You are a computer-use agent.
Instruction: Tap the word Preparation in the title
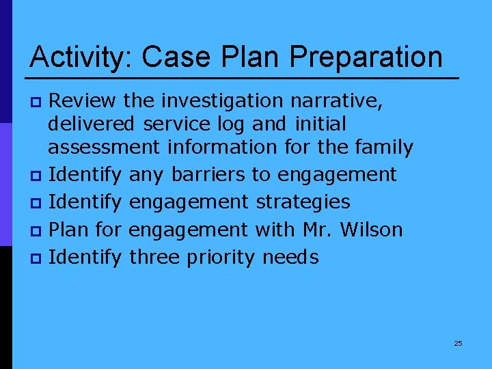click(x=366, y=57)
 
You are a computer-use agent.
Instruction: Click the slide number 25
click(x=458, y=343)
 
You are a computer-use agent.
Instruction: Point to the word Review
click(x=84, y=101)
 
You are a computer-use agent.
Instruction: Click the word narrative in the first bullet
click(x=337, y=101)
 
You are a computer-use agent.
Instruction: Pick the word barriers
click(x=209, y=175)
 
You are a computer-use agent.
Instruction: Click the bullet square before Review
click(x=38, y=102)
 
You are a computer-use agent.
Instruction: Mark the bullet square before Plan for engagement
click(x=38, y=231)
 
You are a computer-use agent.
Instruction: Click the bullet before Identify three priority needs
click(x=38, y=258)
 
